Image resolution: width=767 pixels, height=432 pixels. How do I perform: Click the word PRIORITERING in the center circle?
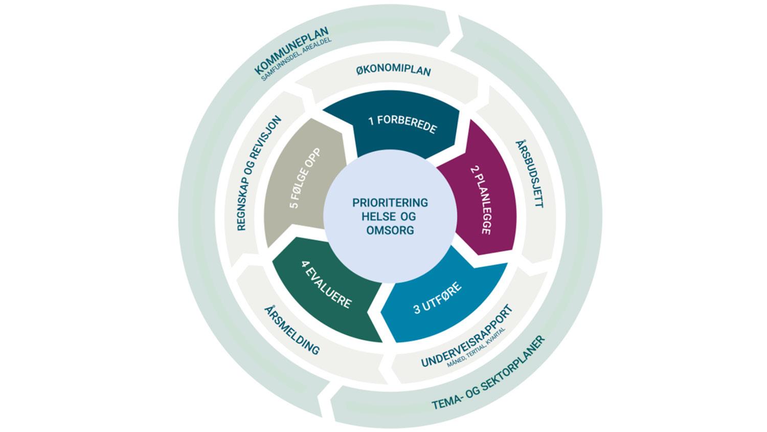coord(390,203)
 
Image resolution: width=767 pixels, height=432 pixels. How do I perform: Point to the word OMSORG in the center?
coord(390,230)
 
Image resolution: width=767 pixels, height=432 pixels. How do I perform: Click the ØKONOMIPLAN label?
coord(393,71)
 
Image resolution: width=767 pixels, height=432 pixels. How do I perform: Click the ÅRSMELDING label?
coord(291,330)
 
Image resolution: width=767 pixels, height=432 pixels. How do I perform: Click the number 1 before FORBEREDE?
coord(371,120)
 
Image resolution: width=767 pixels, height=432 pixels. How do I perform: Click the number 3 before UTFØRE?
coord(417,310)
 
